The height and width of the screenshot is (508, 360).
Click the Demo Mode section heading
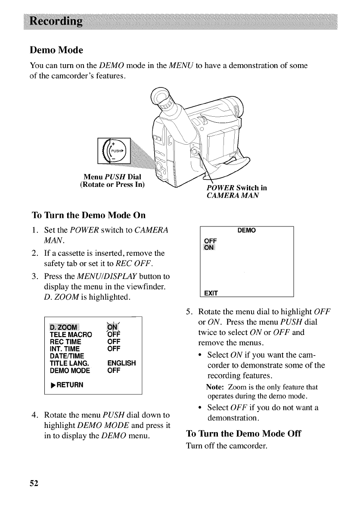(x=56, y=50)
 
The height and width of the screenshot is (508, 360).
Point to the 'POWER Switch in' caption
(x=237, y=188)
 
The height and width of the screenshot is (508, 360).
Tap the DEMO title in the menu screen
(x=247, y=231)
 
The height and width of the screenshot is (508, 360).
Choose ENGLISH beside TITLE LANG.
(x=121, y=363)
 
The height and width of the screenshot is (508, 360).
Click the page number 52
(x=34, y=483)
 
